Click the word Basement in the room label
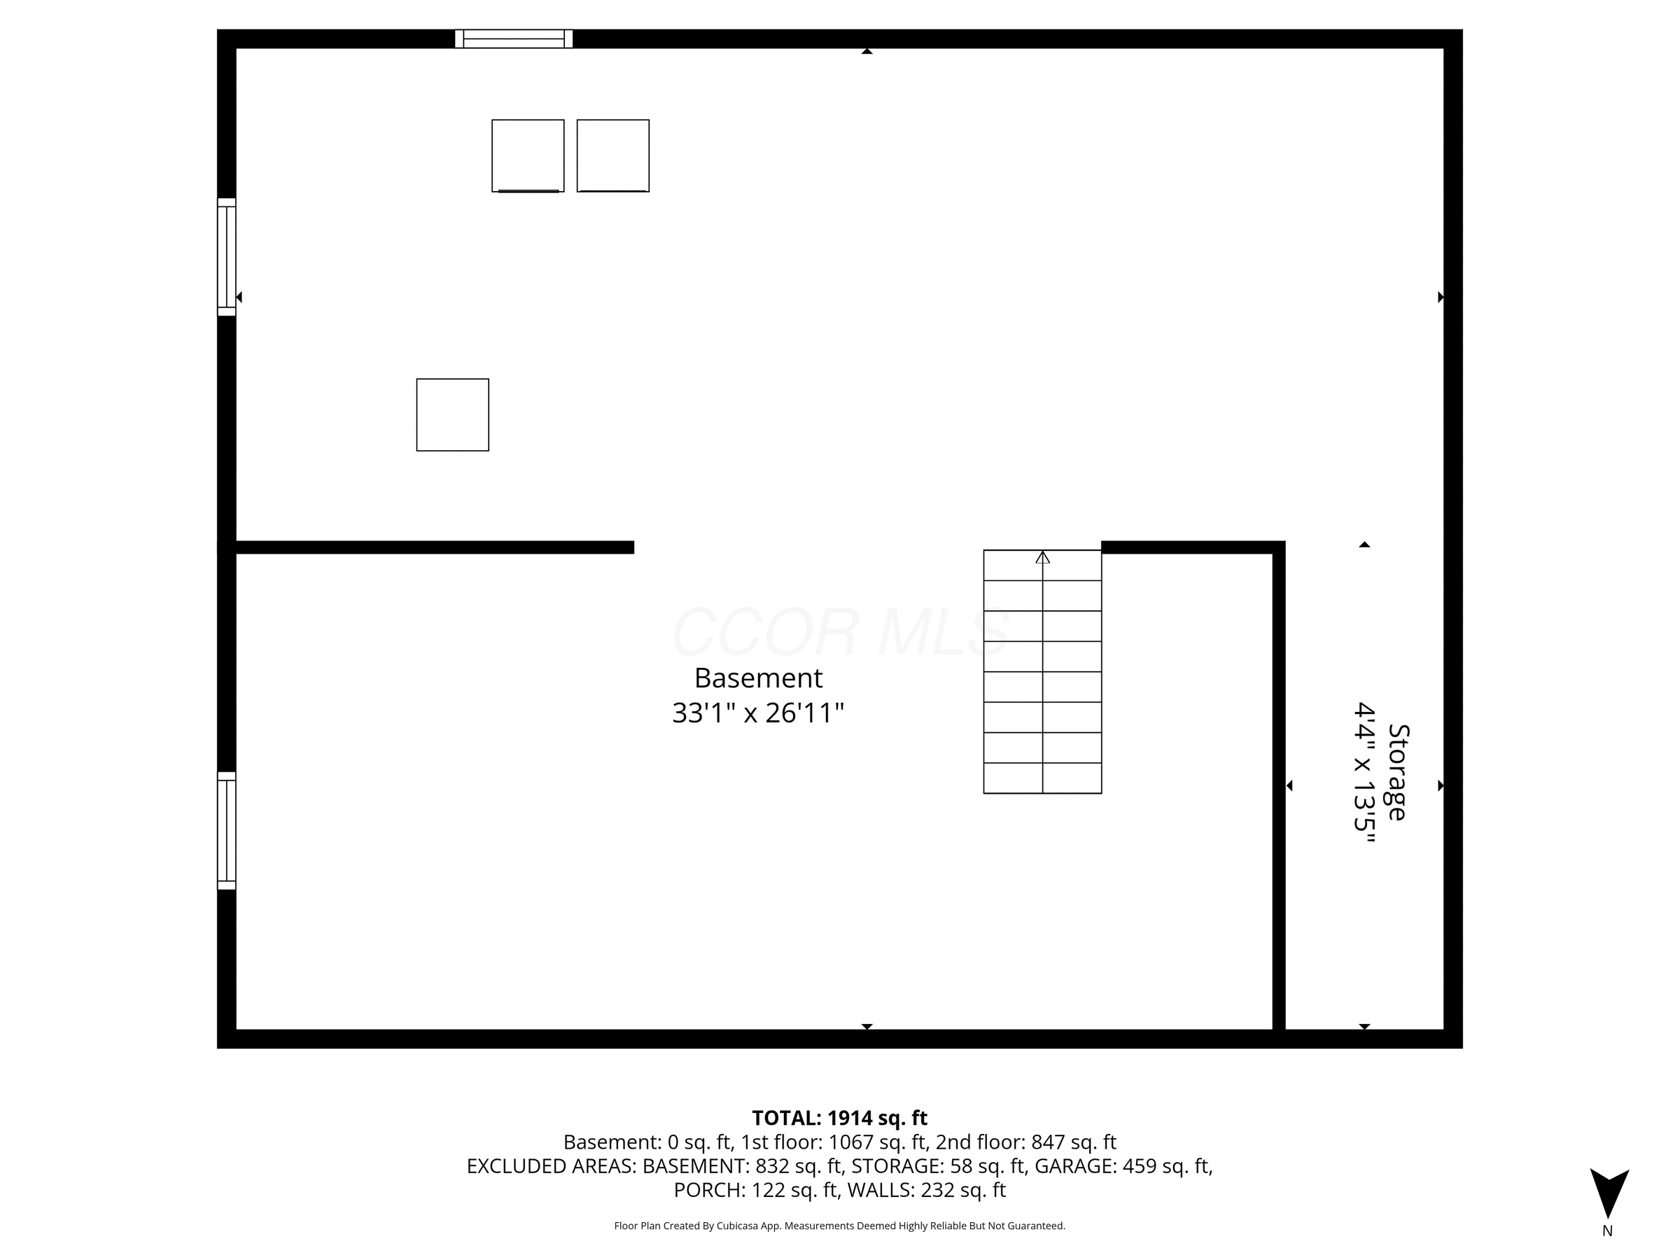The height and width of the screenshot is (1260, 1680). tap(758, 678)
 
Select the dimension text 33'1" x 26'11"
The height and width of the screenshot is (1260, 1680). tap(758, 713)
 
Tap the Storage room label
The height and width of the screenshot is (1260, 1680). tap(1398, 772)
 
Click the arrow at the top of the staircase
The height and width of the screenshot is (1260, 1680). tap(1043, 557)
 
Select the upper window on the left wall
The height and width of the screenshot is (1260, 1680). tap(226, 257)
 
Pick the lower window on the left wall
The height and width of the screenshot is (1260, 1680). tap(226, 830)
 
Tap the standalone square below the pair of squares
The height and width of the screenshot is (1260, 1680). tap(453, 414)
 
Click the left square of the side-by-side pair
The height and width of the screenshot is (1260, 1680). tap(528, 155)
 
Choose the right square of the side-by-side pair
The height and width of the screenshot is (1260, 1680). tap(613, 155)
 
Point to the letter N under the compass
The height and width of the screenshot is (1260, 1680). tap(1607, 1231)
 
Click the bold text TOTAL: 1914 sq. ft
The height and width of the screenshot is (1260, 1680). tap(839, 1118)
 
